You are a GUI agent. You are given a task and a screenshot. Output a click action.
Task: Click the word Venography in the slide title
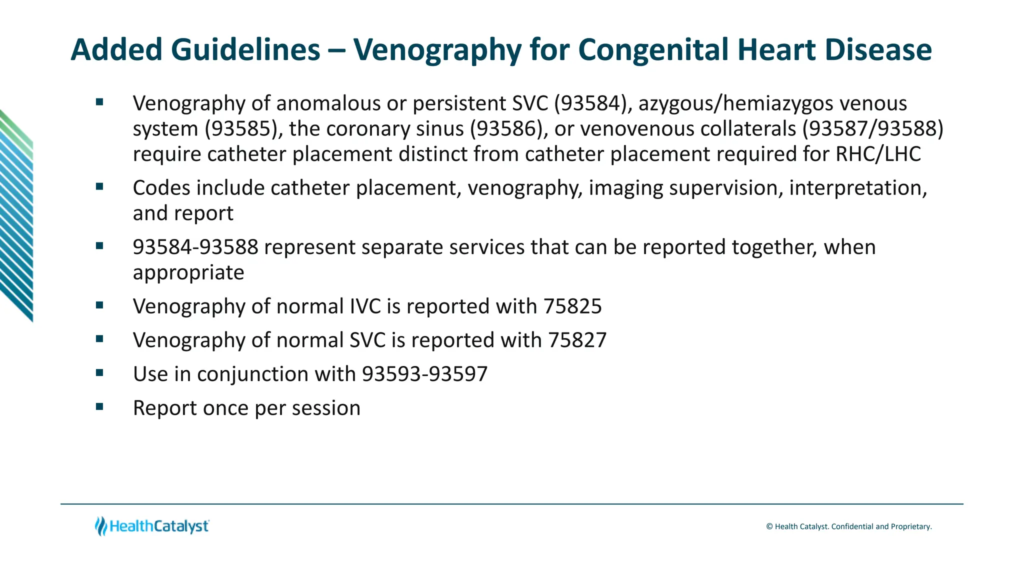click(435, 50)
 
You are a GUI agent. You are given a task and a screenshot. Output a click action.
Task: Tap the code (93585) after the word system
click(241, 129)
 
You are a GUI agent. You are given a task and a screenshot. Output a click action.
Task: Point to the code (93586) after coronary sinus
click(506, 129)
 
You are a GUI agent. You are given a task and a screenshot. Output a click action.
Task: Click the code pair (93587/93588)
click(873, 129)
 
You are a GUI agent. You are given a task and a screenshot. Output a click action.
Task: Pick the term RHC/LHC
click(878, 154)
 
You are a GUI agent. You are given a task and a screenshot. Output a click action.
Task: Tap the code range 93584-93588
click(195, 247)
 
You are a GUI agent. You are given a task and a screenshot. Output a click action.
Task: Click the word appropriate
click(188, 272)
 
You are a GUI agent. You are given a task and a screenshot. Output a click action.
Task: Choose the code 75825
click(572, 306)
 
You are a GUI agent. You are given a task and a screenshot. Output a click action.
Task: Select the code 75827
click(577, 340)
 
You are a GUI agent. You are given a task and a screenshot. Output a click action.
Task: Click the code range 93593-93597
click(424, 374)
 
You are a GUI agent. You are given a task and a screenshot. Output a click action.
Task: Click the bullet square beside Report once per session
click(99, 406)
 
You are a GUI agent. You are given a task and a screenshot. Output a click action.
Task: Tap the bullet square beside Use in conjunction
click(99, 372)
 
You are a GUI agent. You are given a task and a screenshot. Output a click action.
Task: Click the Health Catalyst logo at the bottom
click(152, 526)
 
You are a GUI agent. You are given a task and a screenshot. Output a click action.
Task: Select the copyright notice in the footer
click(848, 526)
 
